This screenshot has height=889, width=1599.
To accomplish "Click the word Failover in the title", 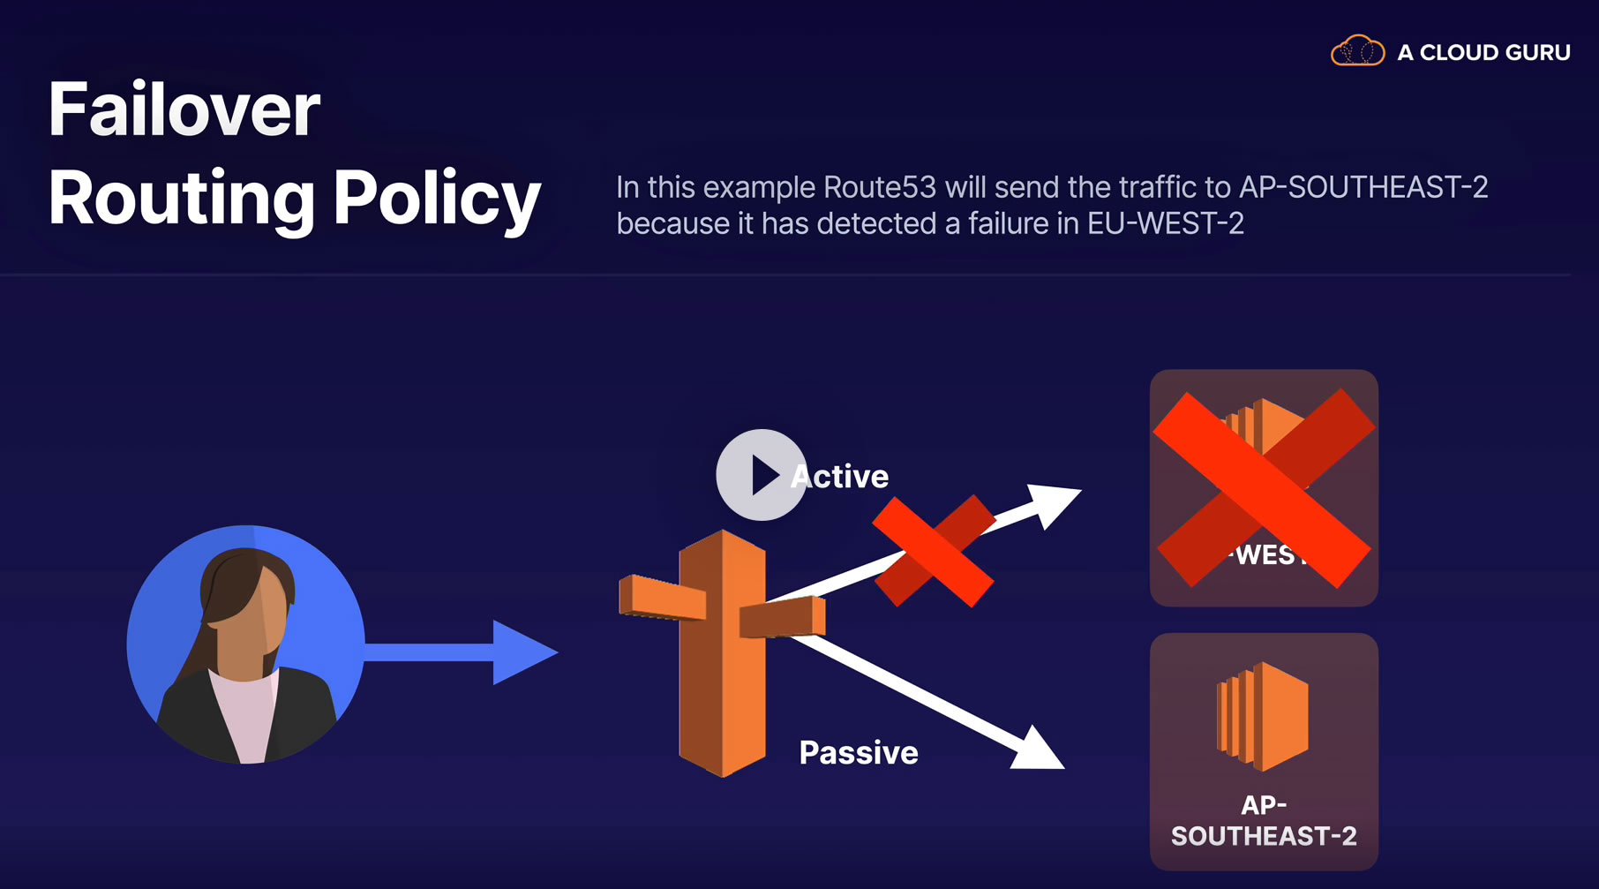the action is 184,109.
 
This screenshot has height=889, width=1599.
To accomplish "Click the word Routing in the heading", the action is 182,198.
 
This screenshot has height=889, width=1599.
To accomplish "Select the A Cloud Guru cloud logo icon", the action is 1357,51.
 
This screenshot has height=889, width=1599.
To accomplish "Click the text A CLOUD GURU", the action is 1483,53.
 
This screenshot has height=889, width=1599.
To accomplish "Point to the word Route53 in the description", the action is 879,188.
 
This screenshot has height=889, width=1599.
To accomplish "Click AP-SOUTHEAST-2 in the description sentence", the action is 1363,188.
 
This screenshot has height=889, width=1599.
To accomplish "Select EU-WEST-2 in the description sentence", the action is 1165,224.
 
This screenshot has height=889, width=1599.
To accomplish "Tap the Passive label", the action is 859,753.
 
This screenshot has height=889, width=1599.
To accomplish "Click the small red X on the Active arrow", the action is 934,551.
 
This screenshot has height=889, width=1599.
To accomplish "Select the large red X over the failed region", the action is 1264,488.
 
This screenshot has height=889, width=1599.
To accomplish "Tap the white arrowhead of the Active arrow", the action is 1055,502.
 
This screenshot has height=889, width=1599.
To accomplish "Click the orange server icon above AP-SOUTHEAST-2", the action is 1263,716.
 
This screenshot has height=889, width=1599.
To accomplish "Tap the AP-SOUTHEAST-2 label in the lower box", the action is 1264,820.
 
